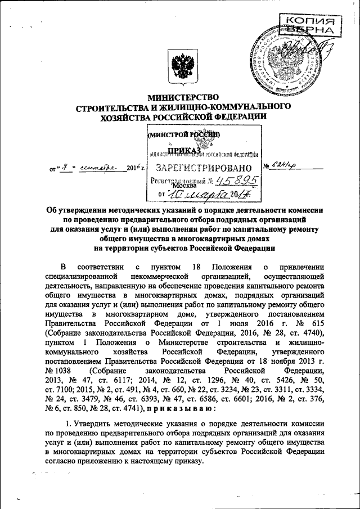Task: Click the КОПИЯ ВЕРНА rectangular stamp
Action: click(x=314, y=25)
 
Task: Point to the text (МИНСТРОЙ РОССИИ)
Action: click(x=183, y=135)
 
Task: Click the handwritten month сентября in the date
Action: click(x=99, y=167)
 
